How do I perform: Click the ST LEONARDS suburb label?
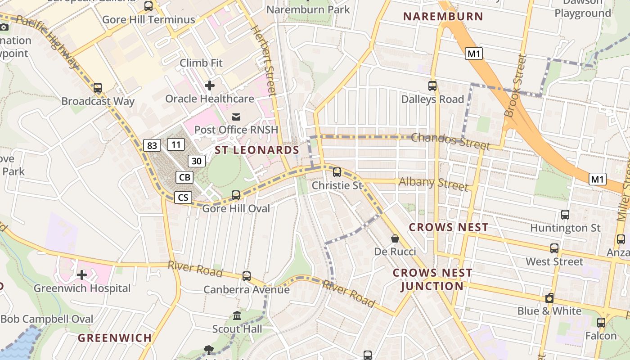point(257,150)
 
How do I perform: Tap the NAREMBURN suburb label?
point(443,17)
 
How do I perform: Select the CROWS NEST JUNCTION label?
point(432,279)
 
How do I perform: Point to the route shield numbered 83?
point(152,145)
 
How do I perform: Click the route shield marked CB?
point(184,177)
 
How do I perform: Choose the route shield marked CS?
point(183,197)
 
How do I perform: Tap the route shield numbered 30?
point(196,161)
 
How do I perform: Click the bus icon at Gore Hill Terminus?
point(148,6)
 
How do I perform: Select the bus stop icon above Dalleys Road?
point(432,85)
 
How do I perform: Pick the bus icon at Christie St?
point(337,172)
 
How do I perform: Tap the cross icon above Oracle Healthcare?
point(209,85)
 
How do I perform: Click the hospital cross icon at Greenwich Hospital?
point(81,274)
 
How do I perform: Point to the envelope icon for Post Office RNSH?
point(236,117)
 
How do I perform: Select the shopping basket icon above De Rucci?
point(395,238)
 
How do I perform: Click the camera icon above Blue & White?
point(549,298)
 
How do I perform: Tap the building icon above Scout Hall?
point(237,316)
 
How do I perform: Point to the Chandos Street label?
point(450,141)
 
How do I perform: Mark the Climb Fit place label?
point(201,63)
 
